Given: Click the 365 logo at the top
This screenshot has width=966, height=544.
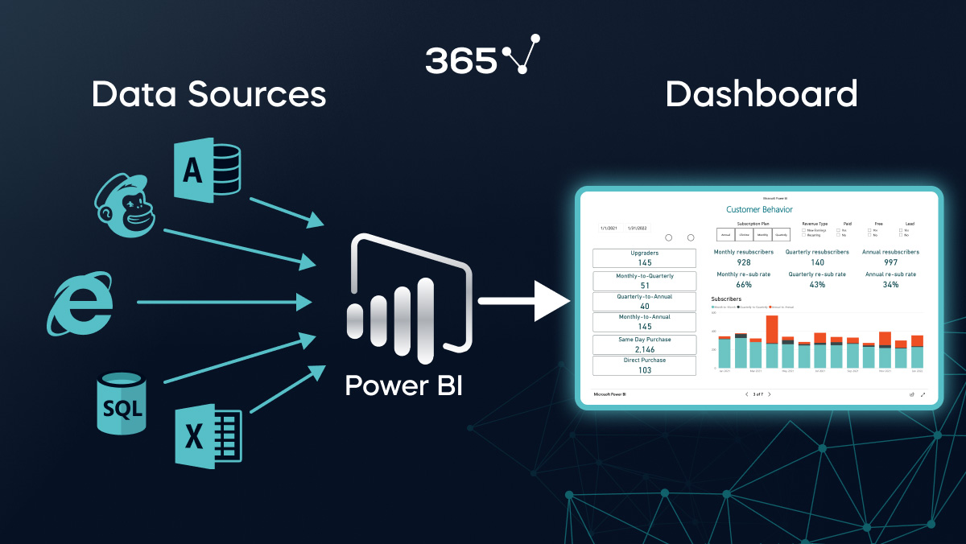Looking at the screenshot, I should click(482, 56).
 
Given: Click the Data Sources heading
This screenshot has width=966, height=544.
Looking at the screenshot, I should click(208, 94).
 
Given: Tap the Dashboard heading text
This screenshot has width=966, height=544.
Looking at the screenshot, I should click(761, 94).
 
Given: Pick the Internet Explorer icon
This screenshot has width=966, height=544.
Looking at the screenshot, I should click(79, 303).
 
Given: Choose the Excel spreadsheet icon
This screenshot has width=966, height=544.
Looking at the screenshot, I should click(208, 436).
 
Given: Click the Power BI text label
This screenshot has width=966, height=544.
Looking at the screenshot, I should click(403, 385).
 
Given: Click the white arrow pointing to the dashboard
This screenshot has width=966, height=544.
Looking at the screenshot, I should click(523, 302).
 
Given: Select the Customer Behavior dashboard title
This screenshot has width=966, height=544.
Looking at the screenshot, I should click(759, 209).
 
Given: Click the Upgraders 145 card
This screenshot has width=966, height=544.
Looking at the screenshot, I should click(644, 258).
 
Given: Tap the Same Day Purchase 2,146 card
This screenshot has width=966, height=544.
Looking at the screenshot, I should click(644, 344).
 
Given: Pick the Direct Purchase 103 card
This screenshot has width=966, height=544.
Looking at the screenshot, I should click(644, 365).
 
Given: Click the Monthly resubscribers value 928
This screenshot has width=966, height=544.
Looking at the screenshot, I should click(743, 262).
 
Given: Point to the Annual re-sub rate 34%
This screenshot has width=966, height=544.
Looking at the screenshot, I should click(890, 284).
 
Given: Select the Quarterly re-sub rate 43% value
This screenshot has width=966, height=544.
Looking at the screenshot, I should click(817, 284).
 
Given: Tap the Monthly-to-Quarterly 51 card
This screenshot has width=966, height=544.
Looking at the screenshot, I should click(644, 281).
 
